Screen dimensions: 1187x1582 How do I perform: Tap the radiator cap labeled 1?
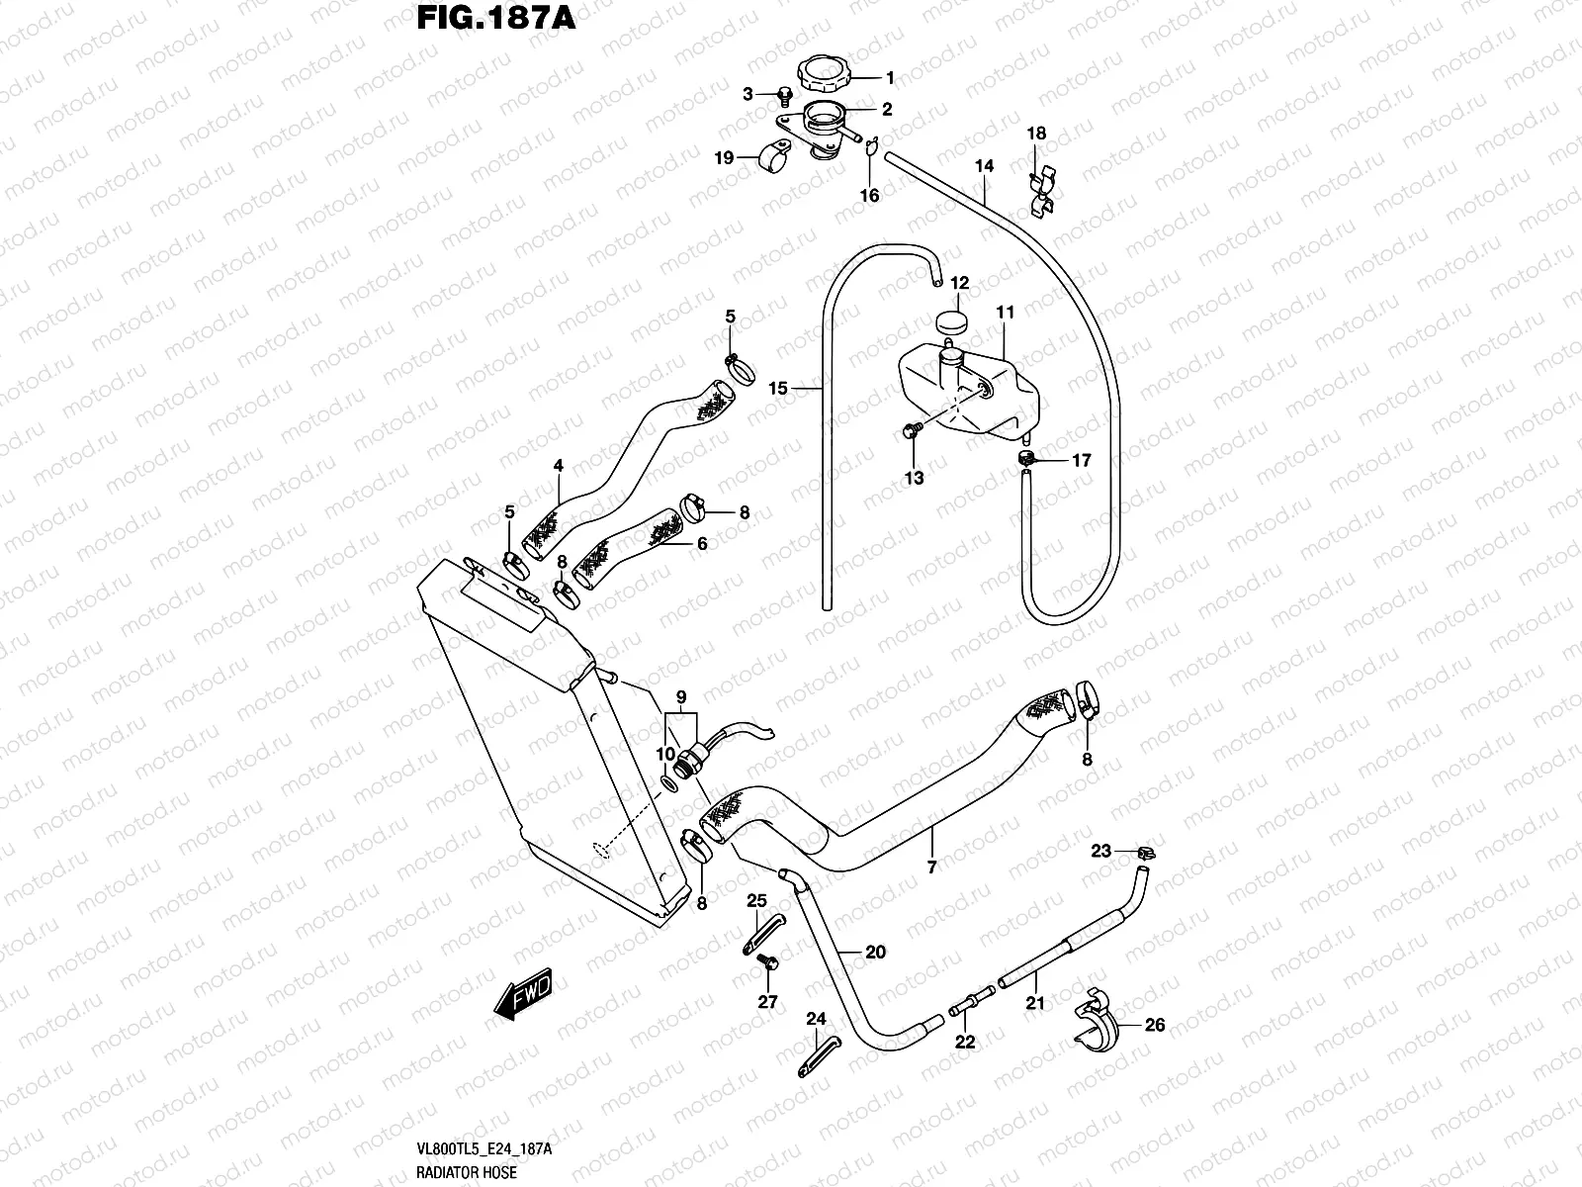click(821, 75)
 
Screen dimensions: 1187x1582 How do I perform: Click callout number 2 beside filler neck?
click(887, 110)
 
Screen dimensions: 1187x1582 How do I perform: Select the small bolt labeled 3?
click(784, 96)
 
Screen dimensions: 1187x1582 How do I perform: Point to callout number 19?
click(723, 157)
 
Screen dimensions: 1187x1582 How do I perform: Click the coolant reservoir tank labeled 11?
click(969, 391)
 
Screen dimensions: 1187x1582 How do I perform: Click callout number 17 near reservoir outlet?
click(1081, 460)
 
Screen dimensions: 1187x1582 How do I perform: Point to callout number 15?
click(778, 389)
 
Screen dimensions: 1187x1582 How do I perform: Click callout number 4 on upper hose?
click(558, 464)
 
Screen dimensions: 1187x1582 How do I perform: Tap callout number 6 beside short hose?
click(702, 543)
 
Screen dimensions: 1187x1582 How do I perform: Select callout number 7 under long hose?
click(931, 867)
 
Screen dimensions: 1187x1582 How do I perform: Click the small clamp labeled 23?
click(1147, 852)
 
